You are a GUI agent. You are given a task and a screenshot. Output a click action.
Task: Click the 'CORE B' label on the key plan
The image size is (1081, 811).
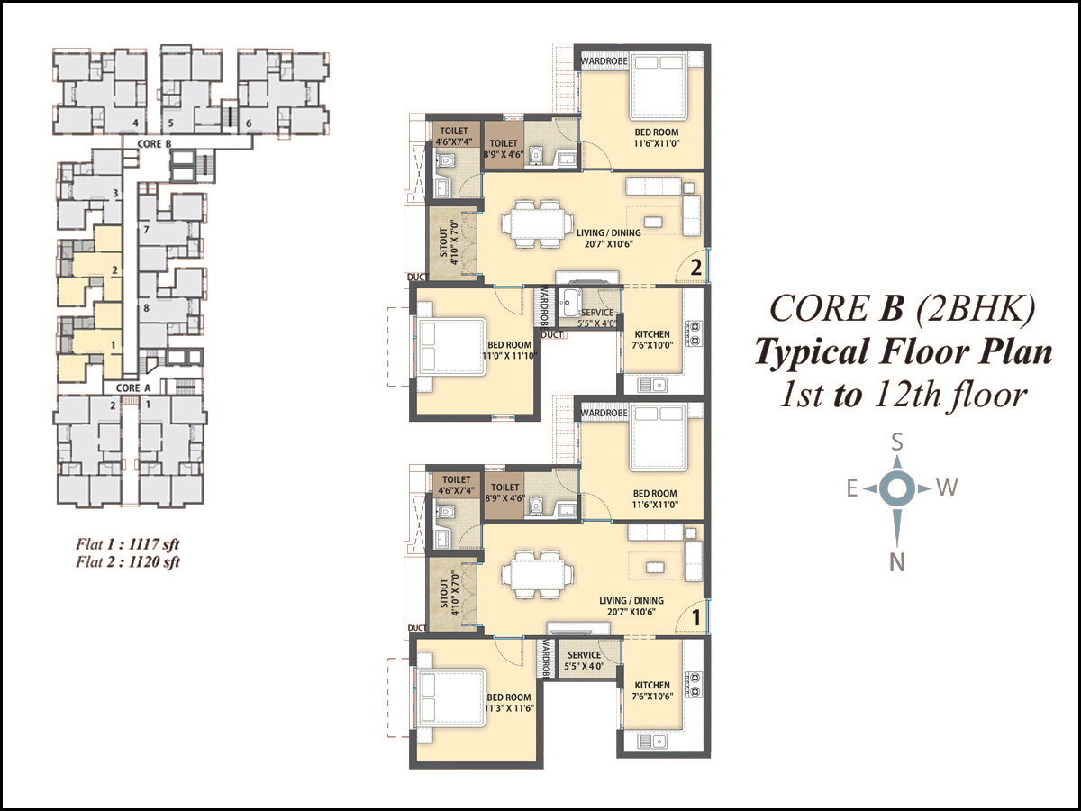point(154,144)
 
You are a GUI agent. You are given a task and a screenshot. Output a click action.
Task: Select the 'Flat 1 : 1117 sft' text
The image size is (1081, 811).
point(128,544)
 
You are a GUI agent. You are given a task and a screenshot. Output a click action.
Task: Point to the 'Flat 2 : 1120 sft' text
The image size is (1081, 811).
point(128,561)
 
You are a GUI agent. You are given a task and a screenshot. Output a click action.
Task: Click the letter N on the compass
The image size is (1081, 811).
point(897,561)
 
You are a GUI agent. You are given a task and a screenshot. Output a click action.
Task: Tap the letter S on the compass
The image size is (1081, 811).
point(897,442)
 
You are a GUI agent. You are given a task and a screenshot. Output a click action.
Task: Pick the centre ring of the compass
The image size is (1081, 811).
point(897,489)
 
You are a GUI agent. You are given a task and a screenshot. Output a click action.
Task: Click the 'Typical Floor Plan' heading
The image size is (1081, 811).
point(904,352)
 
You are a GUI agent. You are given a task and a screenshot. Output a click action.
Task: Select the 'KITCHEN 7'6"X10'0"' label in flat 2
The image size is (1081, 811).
point(652,340)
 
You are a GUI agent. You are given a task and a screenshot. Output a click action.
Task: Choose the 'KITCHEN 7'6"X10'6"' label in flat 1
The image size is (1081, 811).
point(652,690)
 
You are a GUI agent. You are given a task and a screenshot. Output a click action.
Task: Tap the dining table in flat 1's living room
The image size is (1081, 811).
point(537,575)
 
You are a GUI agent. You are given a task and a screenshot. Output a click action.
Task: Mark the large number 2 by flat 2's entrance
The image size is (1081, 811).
point(695,268)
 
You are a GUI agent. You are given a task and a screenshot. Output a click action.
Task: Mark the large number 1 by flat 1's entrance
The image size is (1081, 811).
point(696,617)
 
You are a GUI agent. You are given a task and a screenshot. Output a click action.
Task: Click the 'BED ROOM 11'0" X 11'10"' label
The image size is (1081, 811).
point(510,351)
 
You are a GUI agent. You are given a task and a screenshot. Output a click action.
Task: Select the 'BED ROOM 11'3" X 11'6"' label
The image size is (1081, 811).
point(509,703)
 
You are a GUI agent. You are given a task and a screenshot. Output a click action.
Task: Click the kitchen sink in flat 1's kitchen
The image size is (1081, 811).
point(652,741)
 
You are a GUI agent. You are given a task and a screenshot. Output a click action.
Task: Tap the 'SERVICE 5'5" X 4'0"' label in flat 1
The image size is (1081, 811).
point(585,661)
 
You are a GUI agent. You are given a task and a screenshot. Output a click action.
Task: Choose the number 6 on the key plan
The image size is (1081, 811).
point(249,123)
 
